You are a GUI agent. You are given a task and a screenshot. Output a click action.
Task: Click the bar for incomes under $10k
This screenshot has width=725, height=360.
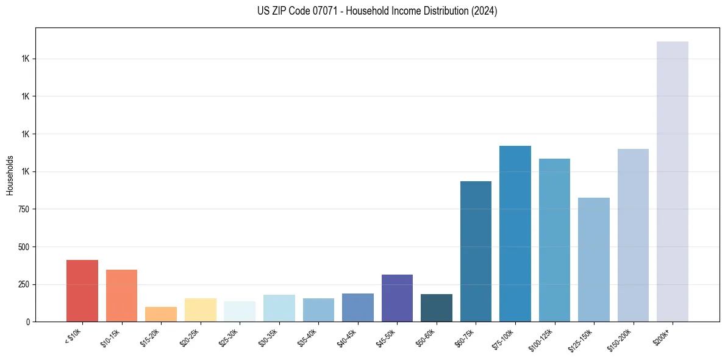[82, 290]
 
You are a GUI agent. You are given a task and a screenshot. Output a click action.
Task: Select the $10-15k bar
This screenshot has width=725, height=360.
[121, 295]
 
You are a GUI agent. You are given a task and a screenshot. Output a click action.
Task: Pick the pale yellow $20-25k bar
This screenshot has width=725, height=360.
[200, 310]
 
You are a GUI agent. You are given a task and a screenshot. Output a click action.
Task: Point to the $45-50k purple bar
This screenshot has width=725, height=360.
[397, 298]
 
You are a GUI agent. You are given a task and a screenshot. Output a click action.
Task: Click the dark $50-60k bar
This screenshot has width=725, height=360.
[437, 308]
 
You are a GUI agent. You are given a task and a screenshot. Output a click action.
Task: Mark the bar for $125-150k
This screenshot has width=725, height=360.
[594, 259]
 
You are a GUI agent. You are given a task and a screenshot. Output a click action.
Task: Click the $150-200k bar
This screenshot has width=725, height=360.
[633, 235]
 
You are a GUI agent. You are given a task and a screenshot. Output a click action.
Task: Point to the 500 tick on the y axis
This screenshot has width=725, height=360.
[24, 247]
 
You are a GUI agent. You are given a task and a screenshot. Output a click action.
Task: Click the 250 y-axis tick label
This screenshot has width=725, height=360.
[24, 284]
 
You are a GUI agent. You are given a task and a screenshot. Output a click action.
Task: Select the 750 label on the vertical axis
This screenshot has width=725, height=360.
[24, 209]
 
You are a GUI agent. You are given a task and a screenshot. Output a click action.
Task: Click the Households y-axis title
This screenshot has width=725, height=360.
[10, 175]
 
